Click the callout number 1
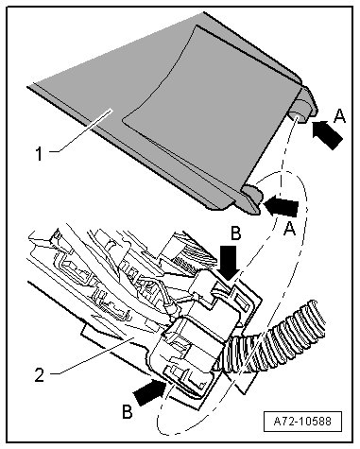click(39, 154)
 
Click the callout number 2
click(40, 375)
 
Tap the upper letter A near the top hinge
click(339, 115)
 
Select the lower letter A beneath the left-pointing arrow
click(289, 228)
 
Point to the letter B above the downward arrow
click(235, 233)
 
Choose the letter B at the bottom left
click(128, 411)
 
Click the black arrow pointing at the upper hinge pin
click(327, 134)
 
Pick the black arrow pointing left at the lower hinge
click(282, 205)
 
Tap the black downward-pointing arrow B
click(229, 263)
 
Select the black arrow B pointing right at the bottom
click(149, 391)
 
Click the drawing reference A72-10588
click(302, 422)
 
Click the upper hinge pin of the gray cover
click(301, 106)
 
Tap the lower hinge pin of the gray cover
click(252, 199)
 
